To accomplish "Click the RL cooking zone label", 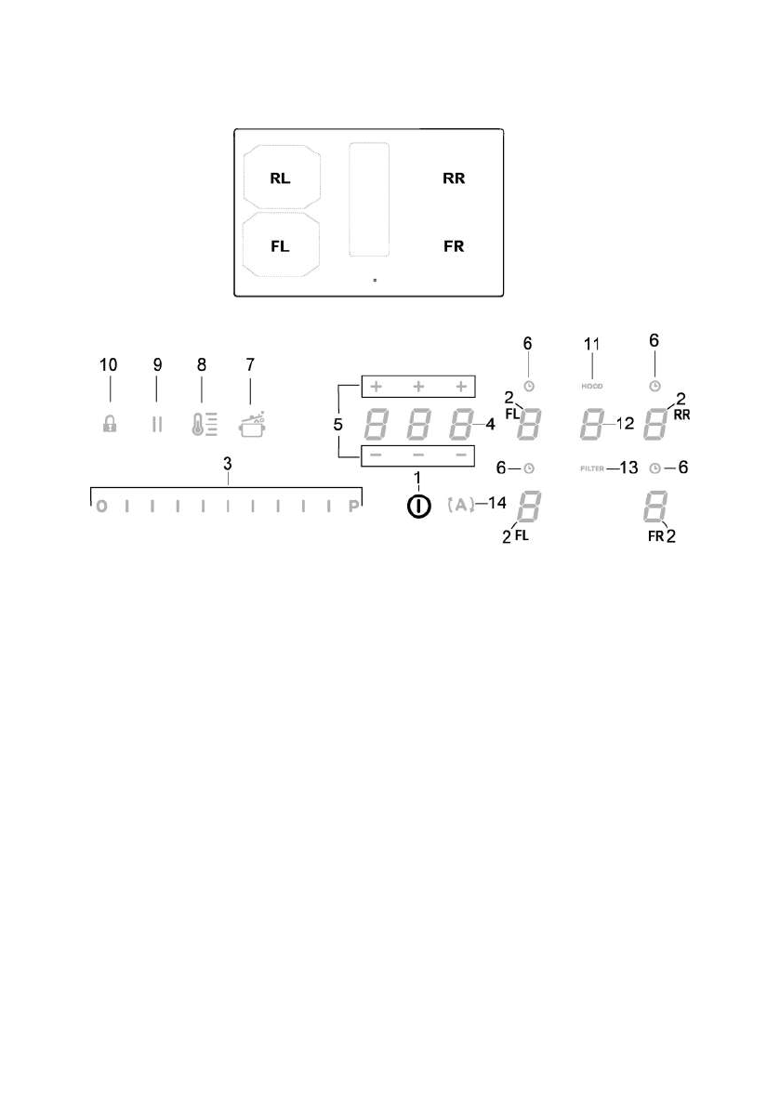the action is point(280,178).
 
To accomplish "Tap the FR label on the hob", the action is point(454,247).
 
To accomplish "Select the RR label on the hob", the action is point(454,178).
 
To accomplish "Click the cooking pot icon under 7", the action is point(250,424).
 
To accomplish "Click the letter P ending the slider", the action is point(353,508).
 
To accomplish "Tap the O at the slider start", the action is point(100,508).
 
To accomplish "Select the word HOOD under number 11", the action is point(593,385).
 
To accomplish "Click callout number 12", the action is point(624,425).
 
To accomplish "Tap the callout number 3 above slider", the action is point(228,465).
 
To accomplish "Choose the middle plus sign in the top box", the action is point(417,385).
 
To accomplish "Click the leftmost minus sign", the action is point(375,455).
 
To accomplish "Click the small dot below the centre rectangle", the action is point(374,278).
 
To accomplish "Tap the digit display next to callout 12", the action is point(592,425).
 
